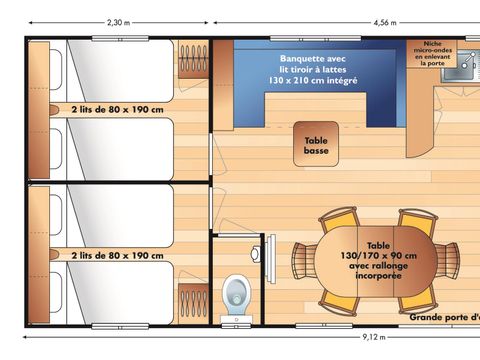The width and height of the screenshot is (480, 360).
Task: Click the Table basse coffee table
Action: tap(315, 147)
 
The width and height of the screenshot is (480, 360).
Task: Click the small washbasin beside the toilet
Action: tap(257, 253)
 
